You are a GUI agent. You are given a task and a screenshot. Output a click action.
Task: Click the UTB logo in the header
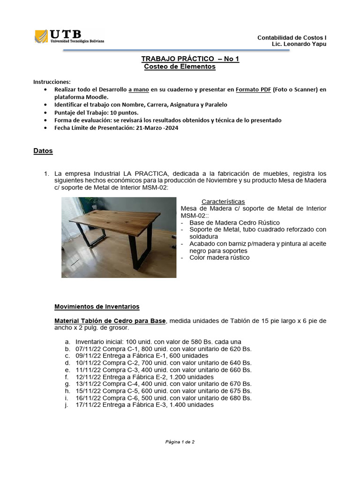(x=69, y=36)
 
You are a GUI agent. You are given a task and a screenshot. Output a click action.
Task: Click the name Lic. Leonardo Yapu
(x=299, y=44)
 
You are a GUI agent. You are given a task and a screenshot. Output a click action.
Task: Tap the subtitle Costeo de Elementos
(x=180, y=67)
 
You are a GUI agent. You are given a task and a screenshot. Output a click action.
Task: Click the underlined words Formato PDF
(x=253, y=90)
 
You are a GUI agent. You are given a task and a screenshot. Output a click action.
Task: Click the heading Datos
(x=43, y=151)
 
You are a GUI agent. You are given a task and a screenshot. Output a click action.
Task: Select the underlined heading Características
(x=223, y=202)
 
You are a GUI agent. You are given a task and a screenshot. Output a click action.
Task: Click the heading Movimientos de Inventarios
(x=97, y=307)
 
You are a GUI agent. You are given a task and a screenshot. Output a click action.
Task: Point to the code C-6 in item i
(x=130, y=398)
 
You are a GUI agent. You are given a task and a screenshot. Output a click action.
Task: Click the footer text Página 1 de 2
(x=180, y=442)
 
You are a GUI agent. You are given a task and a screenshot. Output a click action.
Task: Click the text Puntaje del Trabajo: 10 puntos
(x=96, y=112)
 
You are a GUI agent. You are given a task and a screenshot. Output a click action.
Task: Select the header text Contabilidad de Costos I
(x=292, y=37)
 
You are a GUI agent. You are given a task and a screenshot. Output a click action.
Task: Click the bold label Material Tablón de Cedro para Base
(x=110, y=321)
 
